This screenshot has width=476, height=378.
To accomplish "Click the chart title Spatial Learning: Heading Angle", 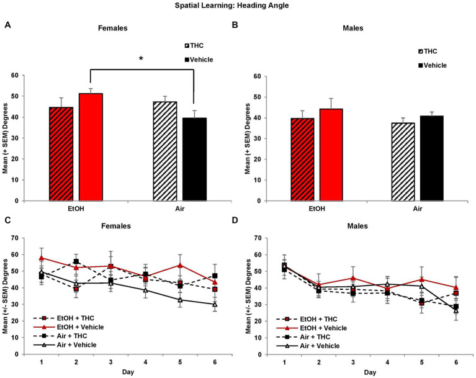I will point(238,6).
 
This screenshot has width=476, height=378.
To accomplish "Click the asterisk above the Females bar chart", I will point(141,59).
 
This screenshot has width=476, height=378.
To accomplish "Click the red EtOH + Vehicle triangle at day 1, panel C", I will point(41,258).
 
